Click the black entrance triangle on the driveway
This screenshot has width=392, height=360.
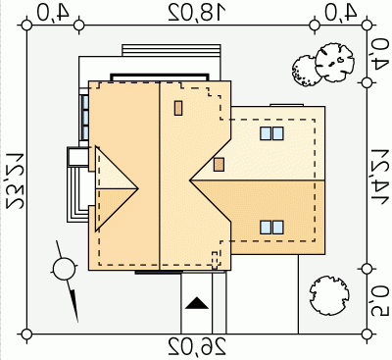tap(197, 303)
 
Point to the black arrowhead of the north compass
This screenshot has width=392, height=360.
tap(74, 305)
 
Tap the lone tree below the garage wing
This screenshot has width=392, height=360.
tap(329, 295)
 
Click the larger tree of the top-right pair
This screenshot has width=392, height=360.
tap(334, 63)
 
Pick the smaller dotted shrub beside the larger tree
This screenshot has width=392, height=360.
tap(306, 71)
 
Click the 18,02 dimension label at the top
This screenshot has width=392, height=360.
tap(197, 13)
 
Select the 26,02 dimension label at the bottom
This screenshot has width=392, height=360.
tap(197, 347)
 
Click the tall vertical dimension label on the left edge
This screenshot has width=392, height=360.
tap(15, 180)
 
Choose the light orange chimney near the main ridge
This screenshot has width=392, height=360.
tap(178, 108)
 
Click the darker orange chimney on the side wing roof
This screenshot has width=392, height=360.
tap(219, 165)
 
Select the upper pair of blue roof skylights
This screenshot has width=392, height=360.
tap(271, 133)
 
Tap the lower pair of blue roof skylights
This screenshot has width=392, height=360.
tap(271, 228)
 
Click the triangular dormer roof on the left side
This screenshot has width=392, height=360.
tap(116, 188)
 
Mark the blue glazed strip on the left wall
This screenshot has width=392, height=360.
tap(85, 117)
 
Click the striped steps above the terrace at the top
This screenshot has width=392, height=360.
tap(171, 51)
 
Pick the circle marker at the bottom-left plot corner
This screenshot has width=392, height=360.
tap(26, 334)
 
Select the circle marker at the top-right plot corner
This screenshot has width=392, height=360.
tap(367, 25)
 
